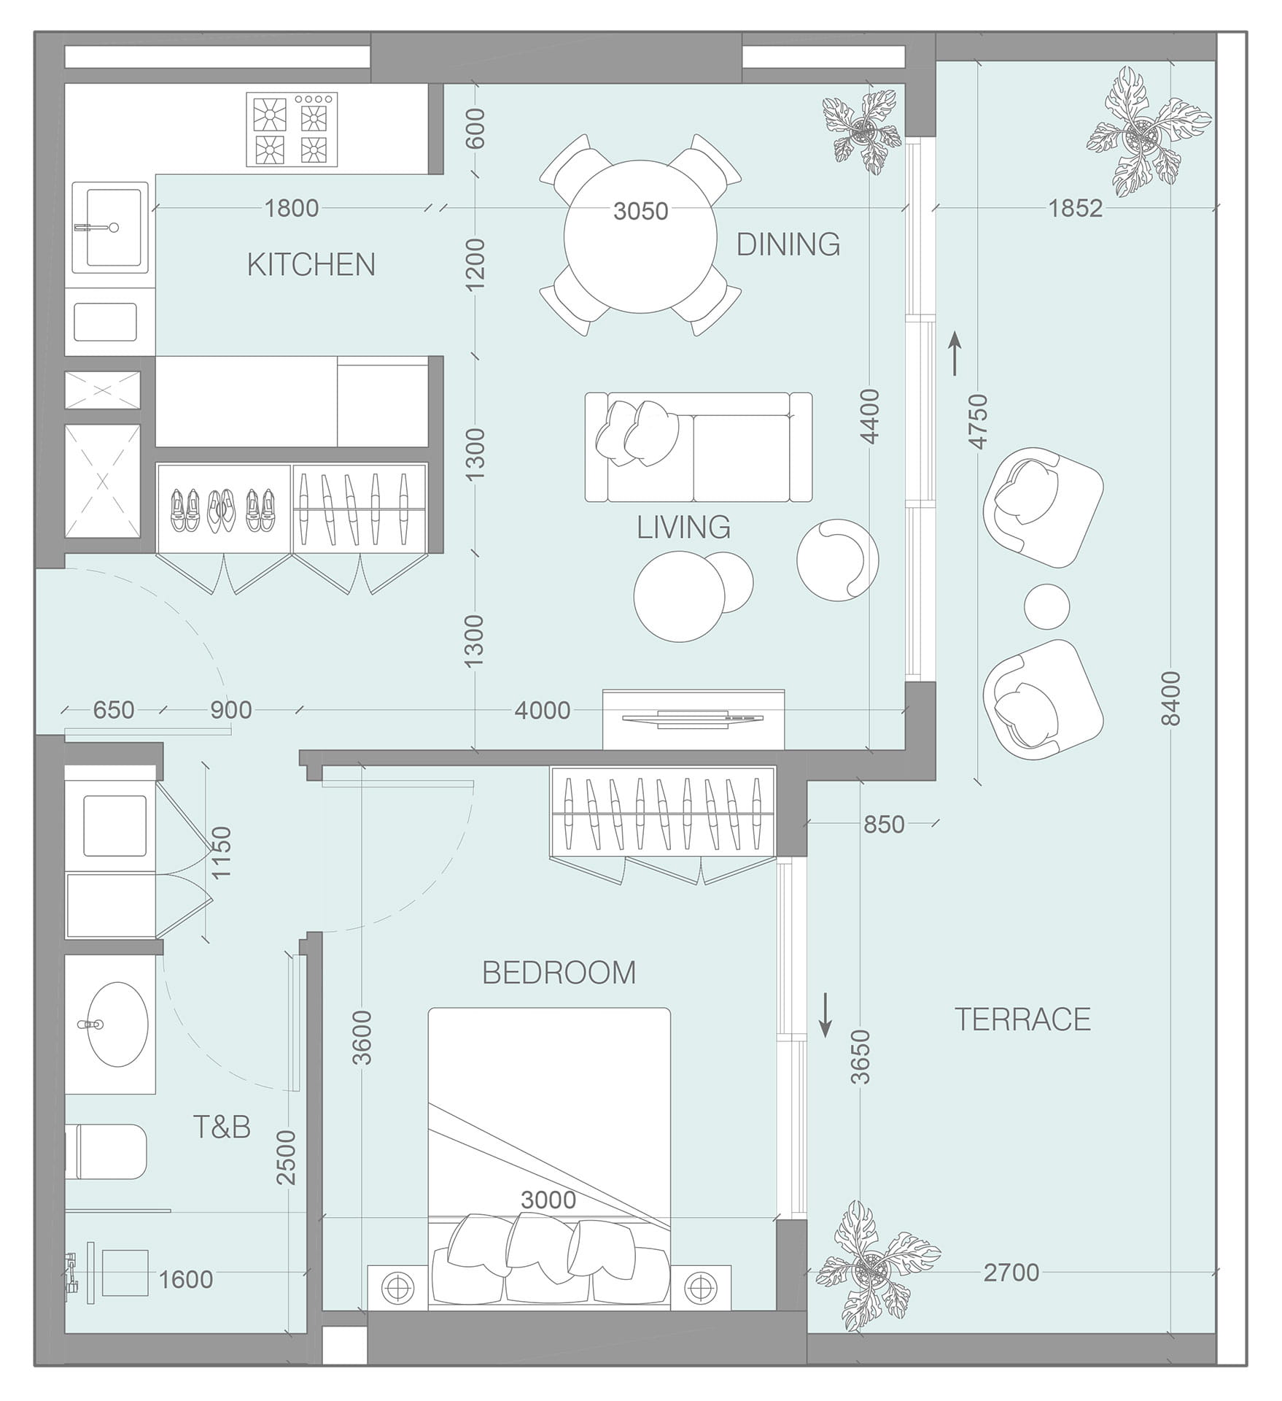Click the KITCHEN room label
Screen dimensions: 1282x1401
tap(311, 264)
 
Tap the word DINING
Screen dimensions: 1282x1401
tap(788, 244)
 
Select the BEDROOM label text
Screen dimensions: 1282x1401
tap(559, 973)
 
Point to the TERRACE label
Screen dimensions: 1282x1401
tap(1022, 1019)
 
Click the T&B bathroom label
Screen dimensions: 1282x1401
tap(222, 1127)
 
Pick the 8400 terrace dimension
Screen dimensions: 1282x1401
tap(1170, 698)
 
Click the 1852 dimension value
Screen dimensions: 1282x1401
tap(1076, 209)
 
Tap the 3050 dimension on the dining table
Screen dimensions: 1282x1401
tap(641, 211)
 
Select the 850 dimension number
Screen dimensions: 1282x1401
tap(884, 825)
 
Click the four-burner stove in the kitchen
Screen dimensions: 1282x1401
tap(292, 129)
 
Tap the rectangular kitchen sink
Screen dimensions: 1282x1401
tap(113, 226)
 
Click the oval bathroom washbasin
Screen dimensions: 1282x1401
tap(112, 1024)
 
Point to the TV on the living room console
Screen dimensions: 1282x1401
tap(694, 718)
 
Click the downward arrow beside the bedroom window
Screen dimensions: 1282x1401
tap(825, 1014)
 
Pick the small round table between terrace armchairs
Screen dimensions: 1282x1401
tap(1046, 606)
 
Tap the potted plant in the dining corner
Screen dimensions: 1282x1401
tap(865, 132)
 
